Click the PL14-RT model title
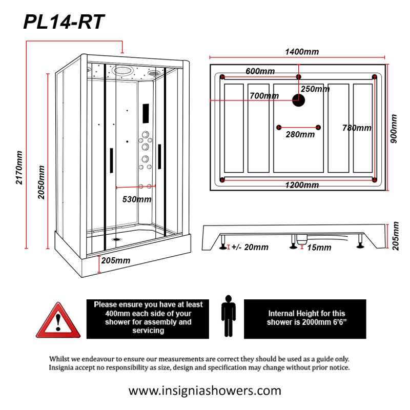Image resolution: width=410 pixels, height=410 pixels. click(64, 22)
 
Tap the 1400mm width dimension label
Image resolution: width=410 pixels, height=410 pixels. click(302, 52)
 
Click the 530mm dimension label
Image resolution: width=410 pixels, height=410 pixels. click(136, 199)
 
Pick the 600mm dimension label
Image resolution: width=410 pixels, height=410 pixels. click(260, 71)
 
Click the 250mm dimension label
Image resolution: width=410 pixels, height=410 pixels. click(315, 89)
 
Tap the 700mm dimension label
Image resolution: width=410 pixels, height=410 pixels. click(264, 96)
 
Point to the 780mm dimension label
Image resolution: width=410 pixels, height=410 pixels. click(357, 128)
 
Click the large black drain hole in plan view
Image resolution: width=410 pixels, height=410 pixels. click(298, 100)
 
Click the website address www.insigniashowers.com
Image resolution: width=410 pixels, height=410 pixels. click(204, 391)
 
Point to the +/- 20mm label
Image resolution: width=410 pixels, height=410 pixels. click(250, 248)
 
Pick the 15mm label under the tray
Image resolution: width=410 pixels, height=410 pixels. click(319, 248)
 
